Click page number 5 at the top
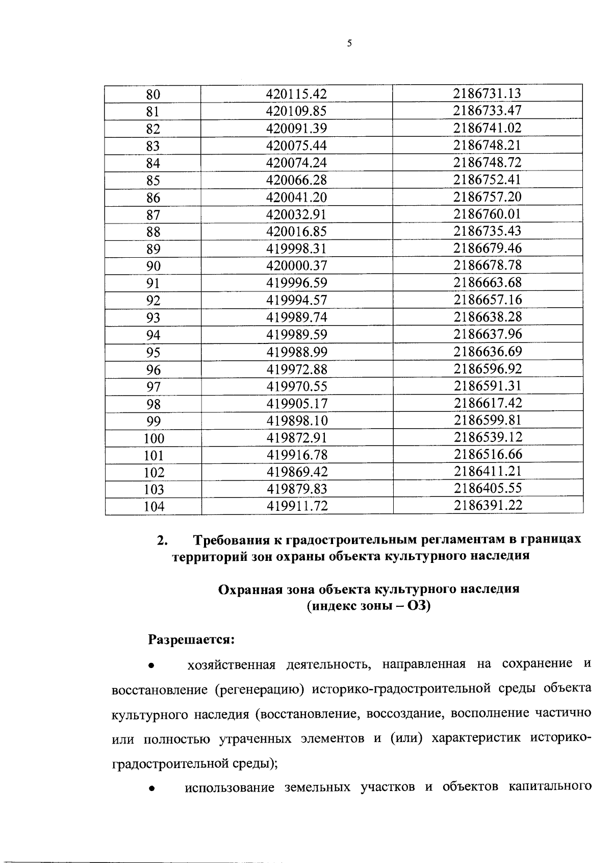tap(349, 44)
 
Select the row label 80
tap(153, 94)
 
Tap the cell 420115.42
tap(296, 94)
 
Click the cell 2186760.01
tap(488, 214)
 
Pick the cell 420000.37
tap(296, 266)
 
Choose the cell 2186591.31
tap(488, 386)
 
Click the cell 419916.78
tap(296, 455)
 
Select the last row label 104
tap(154, 507)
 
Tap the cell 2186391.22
tap(488, 505)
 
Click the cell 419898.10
tap(296, 421)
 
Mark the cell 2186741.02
tap(488, 128)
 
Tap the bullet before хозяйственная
tap(151, 666)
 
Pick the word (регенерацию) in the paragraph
tap(260, 689)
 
